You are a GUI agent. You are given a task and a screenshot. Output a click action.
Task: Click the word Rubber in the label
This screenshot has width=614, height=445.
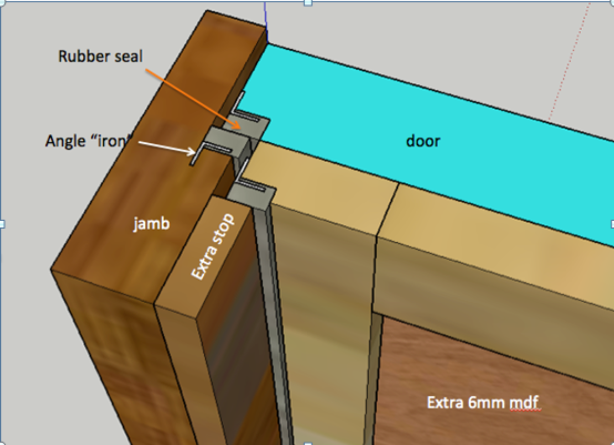point(84,56)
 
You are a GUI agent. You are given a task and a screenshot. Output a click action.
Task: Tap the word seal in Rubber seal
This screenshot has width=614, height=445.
point(128,56)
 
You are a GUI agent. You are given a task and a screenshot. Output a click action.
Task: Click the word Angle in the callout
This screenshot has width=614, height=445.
point(65,142)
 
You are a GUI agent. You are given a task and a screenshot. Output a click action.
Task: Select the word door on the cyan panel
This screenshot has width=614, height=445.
point(423,141)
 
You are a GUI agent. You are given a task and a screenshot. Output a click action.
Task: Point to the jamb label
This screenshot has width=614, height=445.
point(151,224)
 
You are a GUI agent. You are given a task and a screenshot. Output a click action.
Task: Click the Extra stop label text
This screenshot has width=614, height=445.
point(212,247)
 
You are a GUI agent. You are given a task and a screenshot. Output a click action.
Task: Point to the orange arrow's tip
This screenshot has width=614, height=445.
point(240,129)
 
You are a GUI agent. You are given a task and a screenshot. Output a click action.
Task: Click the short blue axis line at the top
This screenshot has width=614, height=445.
point(266,22)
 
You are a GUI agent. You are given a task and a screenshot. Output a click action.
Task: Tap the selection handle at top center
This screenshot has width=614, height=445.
point(308,3)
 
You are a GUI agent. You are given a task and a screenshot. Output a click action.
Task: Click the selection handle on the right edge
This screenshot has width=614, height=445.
point(612,224)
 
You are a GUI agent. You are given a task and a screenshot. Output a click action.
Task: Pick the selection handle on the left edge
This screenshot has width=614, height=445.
point(2,224)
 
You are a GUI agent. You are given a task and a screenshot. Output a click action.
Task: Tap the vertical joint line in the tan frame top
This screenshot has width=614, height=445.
point(387,210)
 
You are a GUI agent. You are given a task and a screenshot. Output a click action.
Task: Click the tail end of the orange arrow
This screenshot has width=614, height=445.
point(146,69)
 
